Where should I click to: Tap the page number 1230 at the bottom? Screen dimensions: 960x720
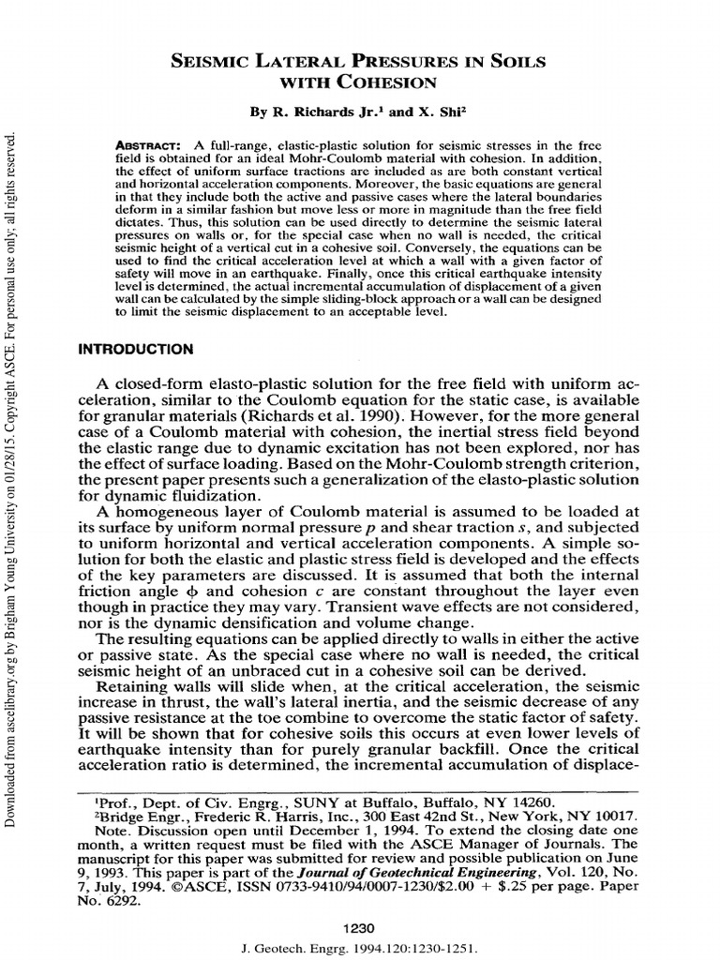click(x=359, y=926)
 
